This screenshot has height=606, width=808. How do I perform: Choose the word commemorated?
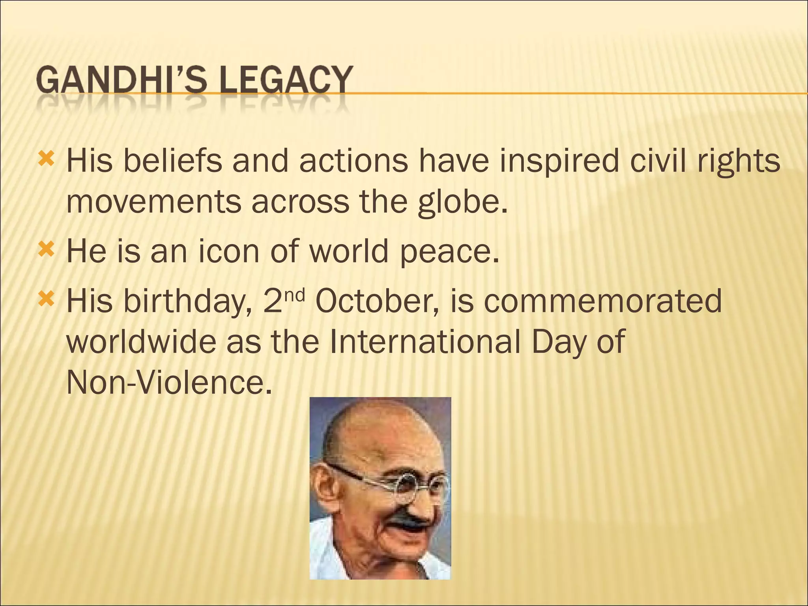pos(603,301)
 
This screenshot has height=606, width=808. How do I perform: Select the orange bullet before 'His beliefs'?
pos(46,159)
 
